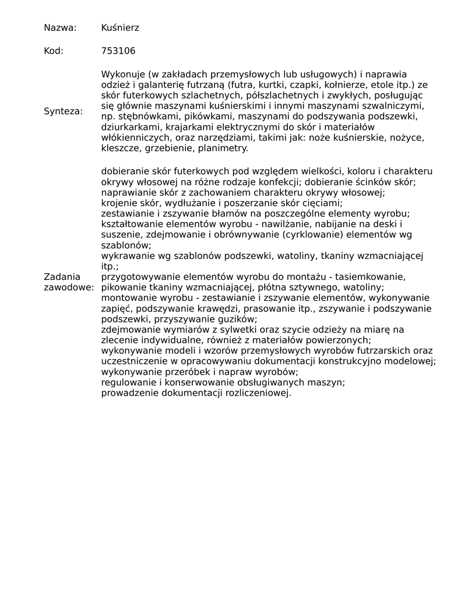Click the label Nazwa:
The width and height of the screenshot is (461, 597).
click(x=61, y=28)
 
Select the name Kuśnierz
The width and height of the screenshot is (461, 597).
click(x=120, y=28)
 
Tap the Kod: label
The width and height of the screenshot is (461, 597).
click(x=54, y=51)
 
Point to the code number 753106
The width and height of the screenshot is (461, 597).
click(x=118, y=51)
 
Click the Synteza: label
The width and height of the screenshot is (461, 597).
click(x=63, y=111)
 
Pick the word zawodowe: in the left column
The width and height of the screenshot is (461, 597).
click(x=68, y=287)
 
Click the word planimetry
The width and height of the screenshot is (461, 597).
click(x=224, y=149)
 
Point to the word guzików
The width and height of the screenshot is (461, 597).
click(x=238, y=319)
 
